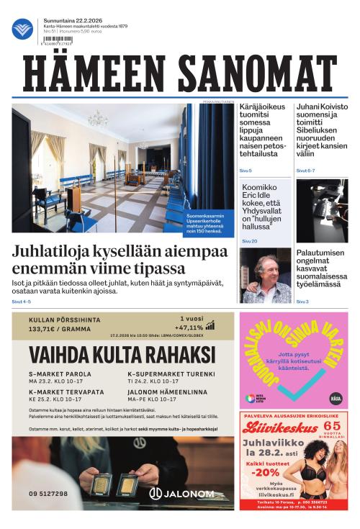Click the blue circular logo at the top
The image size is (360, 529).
click(x=22, y=29)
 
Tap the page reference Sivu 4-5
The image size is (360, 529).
click(x=22, y=302)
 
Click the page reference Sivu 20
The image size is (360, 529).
click(x=249, y=241)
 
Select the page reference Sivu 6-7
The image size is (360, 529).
click(x=305, y=171)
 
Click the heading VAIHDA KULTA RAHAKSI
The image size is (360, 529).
click(x=122, y=355)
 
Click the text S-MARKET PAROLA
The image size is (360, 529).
click(x=60, y=374)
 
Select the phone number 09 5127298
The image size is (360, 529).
click(x=49, y=494)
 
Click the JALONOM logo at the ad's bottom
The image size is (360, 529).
click(x=181, y=493)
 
